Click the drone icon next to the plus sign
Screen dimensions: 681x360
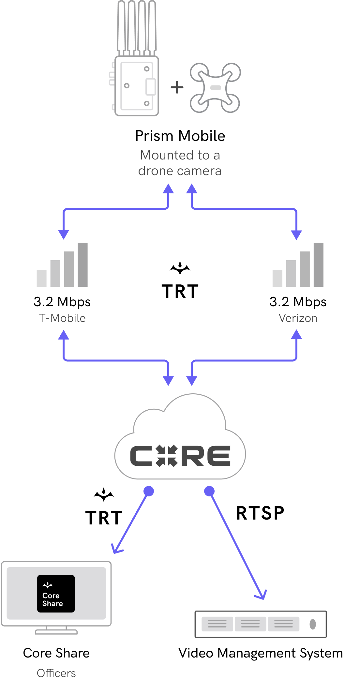tap(215, 88)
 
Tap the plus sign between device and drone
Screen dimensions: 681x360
tap(177, 87)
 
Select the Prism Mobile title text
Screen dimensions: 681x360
tap(180, 136)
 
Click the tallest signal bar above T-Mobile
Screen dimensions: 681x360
tap(83, 265)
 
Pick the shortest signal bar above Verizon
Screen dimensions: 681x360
tap(277, 278)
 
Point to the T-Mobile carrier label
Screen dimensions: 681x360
tap(62, 318)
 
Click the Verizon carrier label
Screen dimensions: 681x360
tap(298, 318)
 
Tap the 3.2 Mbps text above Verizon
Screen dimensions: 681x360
tap(298, 302)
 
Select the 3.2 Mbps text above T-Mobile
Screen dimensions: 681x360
tap(62, 302)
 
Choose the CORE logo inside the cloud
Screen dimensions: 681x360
tap(180, 456)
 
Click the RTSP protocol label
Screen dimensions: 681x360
tap(260, 513)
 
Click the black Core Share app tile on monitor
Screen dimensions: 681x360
tap(56, 594)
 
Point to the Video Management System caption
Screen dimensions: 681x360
tap(261, 653)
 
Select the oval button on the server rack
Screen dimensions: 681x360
tap(313, 624)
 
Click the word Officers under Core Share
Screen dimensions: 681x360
tap(56, 673)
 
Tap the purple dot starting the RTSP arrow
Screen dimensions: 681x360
tap(209, 491)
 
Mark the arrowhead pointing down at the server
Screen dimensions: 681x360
tap(262, 595)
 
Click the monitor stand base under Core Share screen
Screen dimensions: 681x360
tap(56, 632)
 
